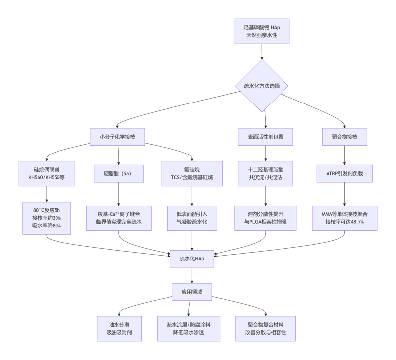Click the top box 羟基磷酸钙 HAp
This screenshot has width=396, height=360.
[262, 31]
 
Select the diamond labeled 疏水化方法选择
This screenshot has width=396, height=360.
[262, 86]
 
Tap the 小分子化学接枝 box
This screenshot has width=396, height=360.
[117, 137]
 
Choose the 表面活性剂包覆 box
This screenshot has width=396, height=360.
[266, 137]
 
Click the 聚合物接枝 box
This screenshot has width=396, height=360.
[344, 137]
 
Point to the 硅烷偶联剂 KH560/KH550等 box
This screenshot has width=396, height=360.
[47, 174]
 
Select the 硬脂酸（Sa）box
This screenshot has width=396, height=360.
[118, 174]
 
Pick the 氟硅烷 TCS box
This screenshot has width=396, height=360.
[192, 174]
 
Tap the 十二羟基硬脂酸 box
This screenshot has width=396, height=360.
[266, 174]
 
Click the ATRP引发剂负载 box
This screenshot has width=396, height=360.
[344, 174]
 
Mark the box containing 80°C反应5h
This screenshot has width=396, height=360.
[47, 218]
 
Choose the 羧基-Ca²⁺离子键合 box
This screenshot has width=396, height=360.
[118, 218]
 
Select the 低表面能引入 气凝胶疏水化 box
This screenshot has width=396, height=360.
[192, 218]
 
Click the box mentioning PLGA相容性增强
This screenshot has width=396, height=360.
[266, 218]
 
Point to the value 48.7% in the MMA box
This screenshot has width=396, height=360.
[357, 222]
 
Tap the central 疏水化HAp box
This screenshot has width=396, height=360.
[192, 259]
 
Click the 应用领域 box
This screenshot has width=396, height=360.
[192, 292]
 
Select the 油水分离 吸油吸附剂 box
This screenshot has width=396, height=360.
[119, 329]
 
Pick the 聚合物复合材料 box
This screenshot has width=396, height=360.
[266, 329]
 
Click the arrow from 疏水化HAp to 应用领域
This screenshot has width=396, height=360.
[192, 275]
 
